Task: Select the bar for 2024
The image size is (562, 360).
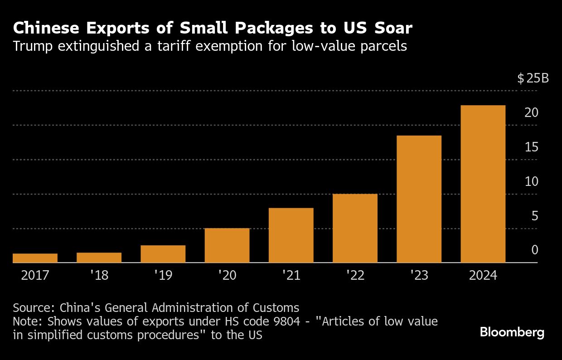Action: (x=483, y=184)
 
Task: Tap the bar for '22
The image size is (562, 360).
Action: (x=355, y=228)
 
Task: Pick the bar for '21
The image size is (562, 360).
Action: (x=291, y=235)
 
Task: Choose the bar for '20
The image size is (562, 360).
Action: (x=227, y=245)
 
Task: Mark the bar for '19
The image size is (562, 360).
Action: (x=163, y=254)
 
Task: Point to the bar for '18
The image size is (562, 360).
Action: (x=99, y=258)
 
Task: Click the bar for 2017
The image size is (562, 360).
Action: (x=35, y=258)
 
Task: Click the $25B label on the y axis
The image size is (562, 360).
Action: (x=533, y=78)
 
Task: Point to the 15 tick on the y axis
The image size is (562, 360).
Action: (x=531, y=147)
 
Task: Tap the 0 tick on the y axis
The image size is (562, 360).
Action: (x=534, y=250)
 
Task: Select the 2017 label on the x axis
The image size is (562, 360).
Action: (x=35, y=276)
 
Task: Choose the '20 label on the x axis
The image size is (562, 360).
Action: (x=227, y=276)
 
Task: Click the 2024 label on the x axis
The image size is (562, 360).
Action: (x=483, y=276)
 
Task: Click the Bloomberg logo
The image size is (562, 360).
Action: (x=512, y=332)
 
